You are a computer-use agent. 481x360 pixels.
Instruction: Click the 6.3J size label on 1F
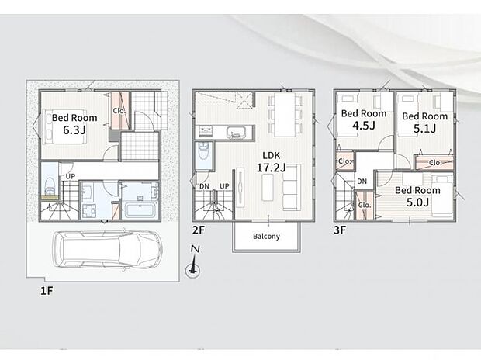pos(74,130)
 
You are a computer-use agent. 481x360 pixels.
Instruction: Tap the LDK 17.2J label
pos(272,161)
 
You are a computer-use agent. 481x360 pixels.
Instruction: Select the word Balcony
pos(266,237)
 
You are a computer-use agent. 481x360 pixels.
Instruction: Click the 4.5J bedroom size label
pos(364,126)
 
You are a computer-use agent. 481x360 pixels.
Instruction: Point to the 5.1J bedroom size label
pos(424,128)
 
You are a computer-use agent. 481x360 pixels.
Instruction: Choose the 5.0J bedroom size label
pos(417,202)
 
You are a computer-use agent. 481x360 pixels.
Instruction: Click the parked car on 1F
pos(107,249)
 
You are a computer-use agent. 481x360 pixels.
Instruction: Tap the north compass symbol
pos(193,261)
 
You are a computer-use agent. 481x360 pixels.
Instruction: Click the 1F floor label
pos(47,291)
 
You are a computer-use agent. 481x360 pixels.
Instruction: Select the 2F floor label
pos(199,230)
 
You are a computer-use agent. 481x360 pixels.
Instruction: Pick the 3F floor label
pos(340,230)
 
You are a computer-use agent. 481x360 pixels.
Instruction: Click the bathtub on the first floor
pos(140,210)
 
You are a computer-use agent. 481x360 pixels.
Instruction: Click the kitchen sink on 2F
pos(236,133)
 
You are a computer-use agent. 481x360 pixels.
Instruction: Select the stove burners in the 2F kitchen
pos(206,132)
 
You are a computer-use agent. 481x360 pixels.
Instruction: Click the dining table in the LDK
pos(285,115)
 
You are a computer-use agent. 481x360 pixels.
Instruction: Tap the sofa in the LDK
pos(292,188)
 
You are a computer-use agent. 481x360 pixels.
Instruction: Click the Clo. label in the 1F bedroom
pos(119,111)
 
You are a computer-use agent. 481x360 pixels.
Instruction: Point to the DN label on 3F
pos(362,182)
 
